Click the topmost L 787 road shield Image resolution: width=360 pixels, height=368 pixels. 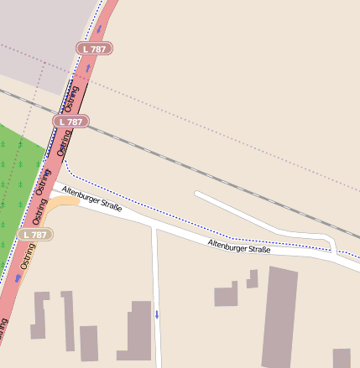pos(94,49)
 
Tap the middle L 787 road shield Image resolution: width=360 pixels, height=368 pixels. pos(71,122)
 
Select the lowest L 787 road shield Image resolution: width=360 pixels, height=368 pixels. pos(35,235)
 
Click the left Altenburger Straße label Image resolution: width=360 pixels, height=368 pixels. pos(93,200)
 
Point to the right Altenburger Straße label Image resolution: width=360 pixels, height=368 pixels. pos(238,246)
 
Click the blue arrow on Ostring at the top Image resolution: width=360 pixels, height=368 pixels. pos(100,29)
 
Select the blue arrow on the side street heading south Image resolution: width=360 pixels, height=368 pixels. pos(156,315)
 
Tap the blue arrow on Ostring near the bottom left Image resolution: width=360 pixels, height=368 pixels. pos(18,277)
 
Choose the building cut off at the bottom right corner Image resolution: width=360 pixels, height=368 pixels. pos(341,358)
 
